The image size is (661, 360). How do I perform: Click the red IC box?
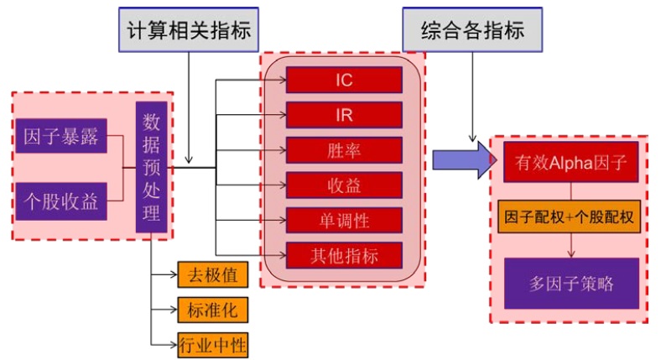coord(344,80)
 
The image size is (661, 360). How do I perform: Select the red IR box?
coord(344,114)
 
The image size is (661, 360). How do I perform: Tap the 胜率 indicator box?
coord(344,149)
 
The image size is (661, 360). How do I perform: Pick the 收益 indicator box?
coord(344,184)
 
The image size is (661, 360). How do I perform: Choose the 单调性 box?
coord(344,219)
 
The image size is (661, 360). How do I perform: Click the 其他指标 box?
coord(344,253)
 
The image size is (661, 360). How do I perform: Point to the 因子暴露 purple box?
coord(61,135)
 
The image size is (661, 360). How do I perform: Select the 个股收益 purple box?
coord(61,202)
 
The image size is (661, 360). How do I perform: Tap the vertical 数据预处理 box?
coord(152,167)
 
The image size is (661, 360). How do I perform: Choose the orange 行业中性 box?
coord(213,343)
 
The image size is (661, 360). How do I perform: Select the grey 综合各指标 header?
coord(473,32)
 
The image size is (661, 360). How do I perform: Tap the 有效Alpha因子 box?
coord(570,161)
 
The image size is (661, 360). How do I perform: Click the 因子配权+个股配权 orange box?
coord(570,217)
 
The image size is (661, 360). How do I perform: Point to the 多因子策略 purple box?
coord(570,283)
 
